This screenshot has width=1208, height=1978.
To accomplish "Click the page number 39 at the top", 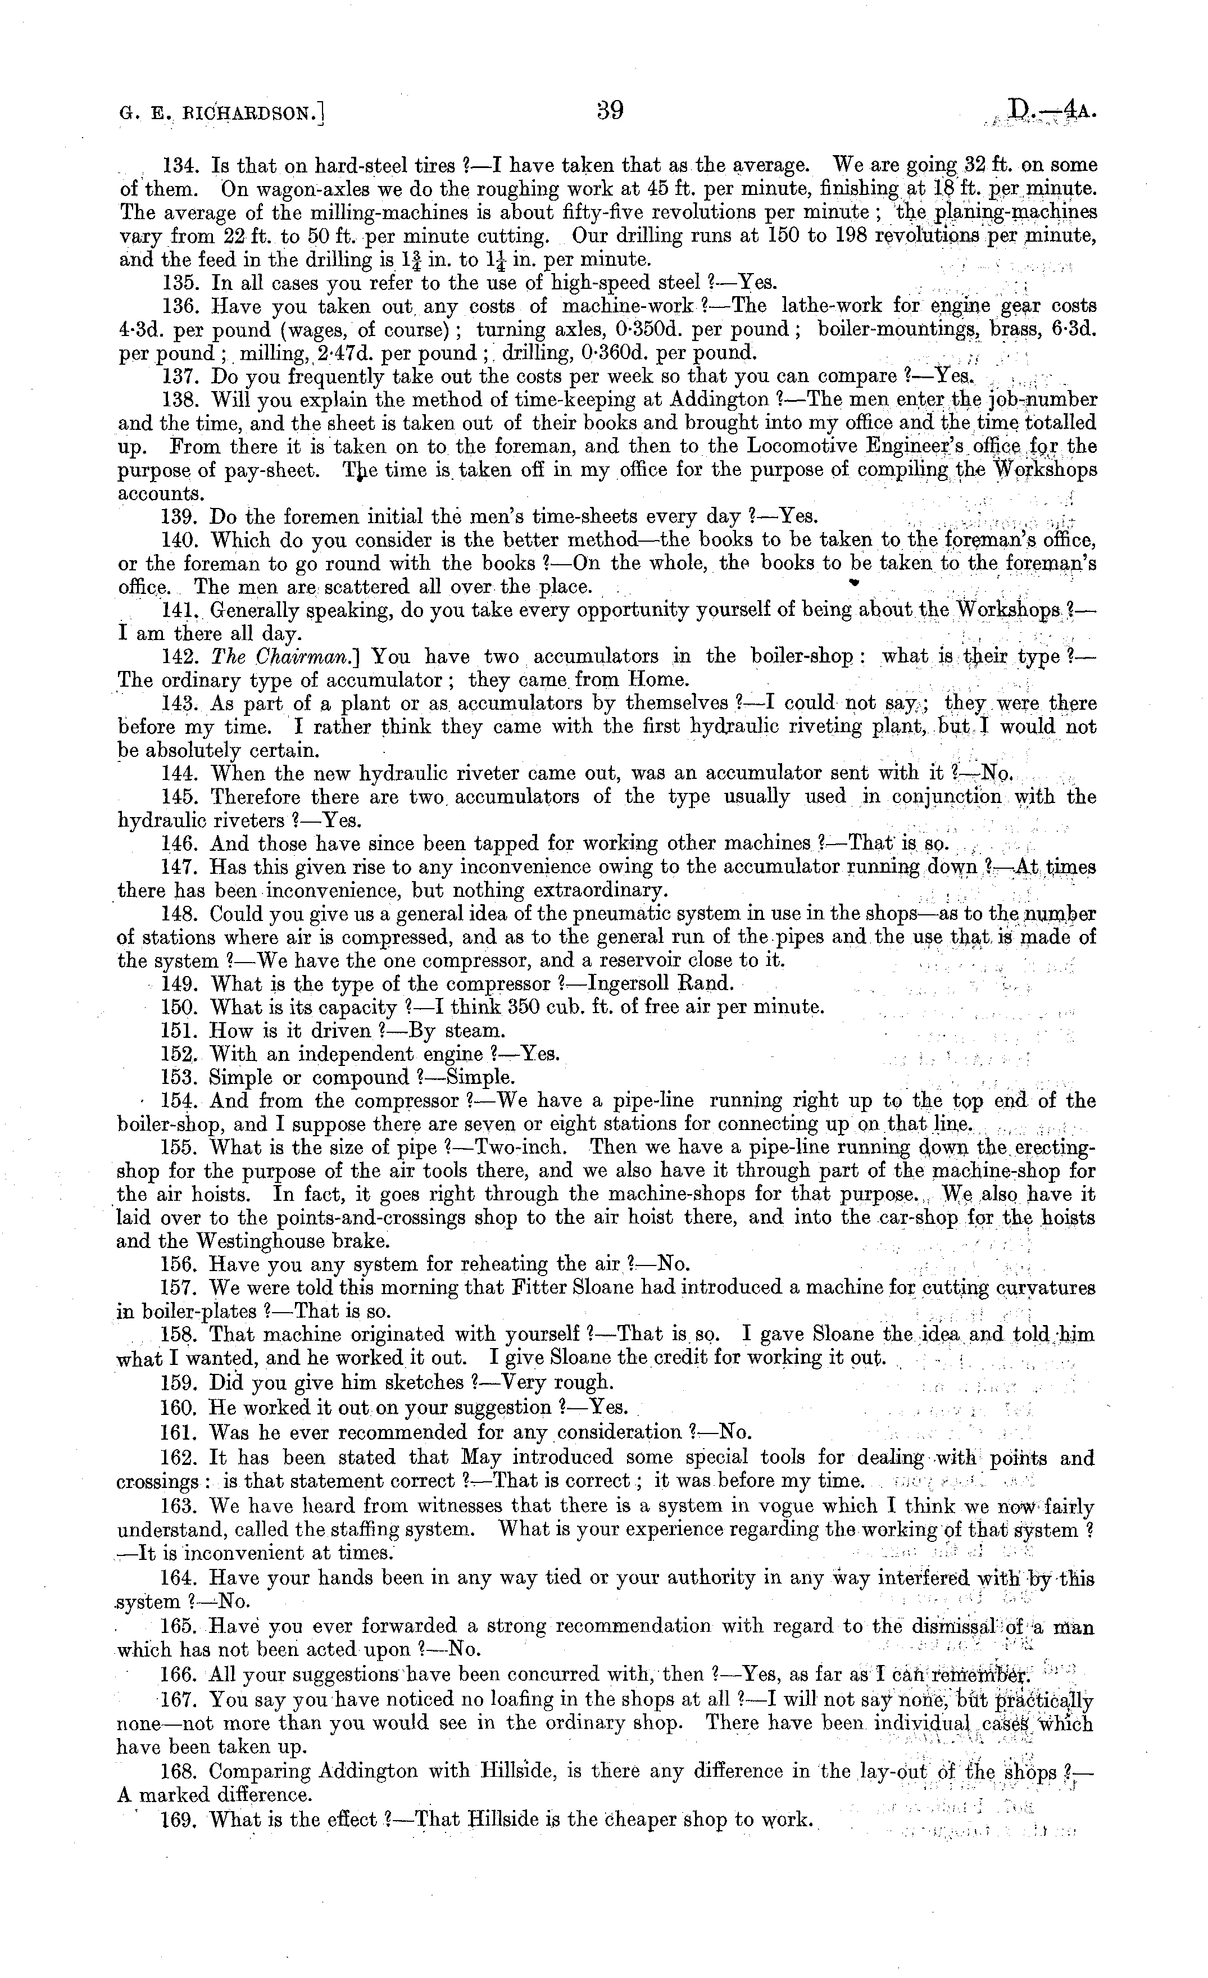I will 610,110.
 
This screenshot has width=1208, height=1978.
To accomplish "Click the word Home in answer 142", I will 659,680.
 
